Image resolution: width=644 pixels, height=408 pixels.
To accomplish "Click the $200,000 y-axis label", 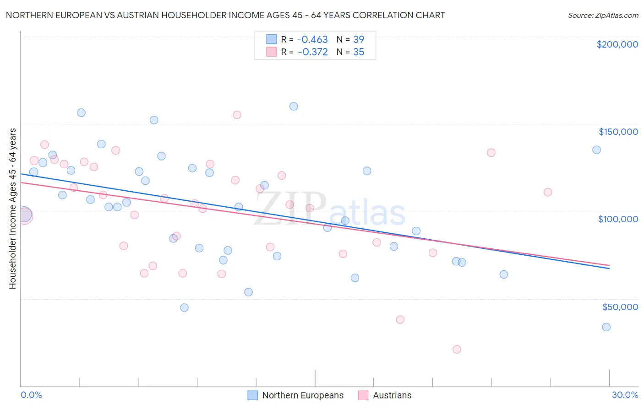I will [x=617, y=44].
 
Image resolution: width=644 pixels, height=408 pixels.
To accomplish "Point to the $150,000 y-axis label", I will [x=618, y=132].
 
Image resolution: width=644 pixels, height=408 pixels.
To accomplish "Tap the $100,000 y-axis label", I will [x=618, y=219].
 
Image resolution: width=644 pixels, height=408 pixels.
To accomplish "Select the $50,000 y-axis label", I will [x=620, y=306].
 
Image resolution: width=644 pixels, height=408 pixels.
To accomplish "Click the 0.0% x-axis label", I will [x=31, y=395].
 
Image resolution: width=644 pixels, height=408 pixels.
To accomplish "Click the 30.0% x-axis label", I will [x=625, y=395].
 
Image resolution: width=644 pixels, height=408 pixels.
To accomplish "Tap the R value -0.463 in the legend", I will [x=312, y=39].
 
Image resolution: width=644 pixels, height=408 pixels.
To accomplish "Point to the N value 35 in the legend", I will [x=359, y=52].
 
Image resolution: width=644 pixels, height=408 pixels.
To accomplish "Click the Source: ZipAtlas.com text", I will [x=603, y=15].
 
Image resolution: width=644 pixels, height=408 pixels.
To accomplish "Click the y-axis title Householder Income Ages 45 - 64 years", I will [x=12, y=209].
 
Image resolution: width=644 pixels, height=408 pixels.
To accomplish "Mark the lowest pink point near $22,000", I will [x=457, y=349].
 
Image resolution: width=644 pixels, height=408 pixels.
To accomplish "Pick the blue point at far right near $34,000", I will [x=606, y=327].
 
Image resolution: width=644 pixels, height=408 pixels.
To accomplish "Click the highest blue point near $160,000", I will [x=294, y=106].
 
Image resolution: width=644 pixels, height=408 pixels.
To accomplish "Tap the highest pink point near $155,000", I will [x=237, y=115].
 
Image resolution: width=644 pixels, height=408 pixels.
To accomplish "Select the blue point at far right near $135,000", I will [x=596, y=150].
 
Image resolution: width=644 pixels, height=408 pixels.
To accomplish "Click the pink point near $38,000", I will [x=400, y=319].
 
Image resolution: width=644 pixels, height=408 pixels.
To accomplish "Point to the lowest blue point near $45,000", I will [x=184, y=307].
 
